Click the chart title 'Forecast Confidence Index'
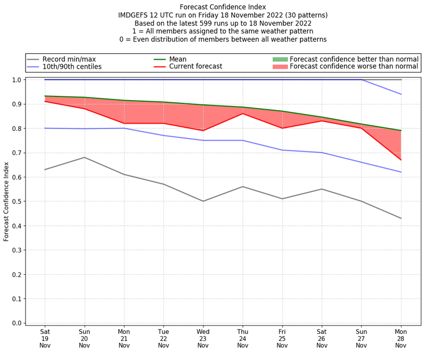point(223,7)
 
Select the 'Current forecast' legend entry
point(195,67)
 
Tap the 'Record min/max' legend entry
point(69,59)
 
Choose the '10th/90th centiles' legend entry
point(72,67)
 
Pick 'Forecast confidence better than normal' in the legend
point(354,59)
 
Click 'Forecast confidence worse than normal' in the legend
point(354,67)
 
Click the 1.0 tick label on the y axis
point(17,80)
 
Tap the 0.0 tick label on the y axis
point(17,323)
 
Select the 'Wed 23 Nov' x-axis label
point(203,338)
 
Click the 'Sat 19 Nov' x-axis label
point(45,338)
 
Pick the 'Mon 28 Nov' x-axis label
point(401,338)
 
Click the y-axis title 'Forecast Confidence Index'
point(6,201)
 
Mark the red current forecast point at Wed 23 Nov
point(203,130)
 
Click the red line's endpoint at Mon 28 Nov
point(401,160)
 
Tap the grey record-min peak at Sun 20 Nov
point(84,157)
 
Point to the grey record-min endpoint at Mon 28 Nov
point(401,218)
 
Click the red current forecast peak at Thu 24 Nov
point(243,113)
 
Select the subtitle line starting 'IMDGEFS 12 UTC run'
point(223,15)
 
